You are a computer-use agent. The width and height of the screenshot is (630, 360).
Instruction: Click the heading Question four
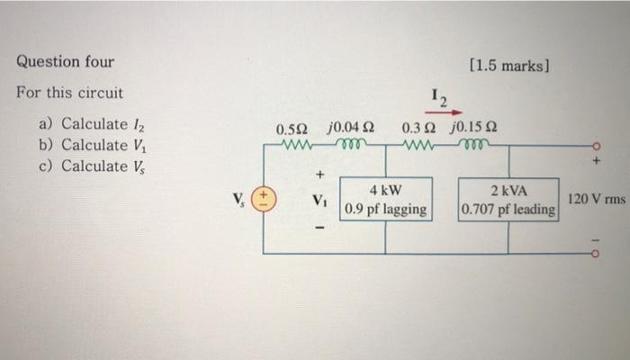[66, 62]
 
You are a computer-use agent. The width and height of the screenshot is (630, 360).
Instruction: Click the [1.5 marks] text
[509, 66]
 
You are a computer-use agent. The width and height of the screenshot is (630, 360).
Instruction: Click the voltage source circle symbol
[263, 198]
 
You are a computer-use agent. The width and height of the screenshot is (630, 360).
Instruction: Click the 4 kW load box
[386, 199]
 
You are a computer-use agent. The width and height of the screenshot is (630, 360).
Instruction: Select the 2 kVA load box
[508, 199]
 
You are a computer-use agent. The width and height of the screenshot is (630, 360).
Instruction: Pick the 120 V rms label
[596, 198]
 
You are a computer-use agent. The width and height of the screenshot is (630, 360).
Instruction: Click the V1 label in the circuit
[319, 199]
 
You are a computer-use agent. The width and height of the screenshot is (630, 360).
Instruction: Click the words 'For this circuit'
[69, 93]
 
